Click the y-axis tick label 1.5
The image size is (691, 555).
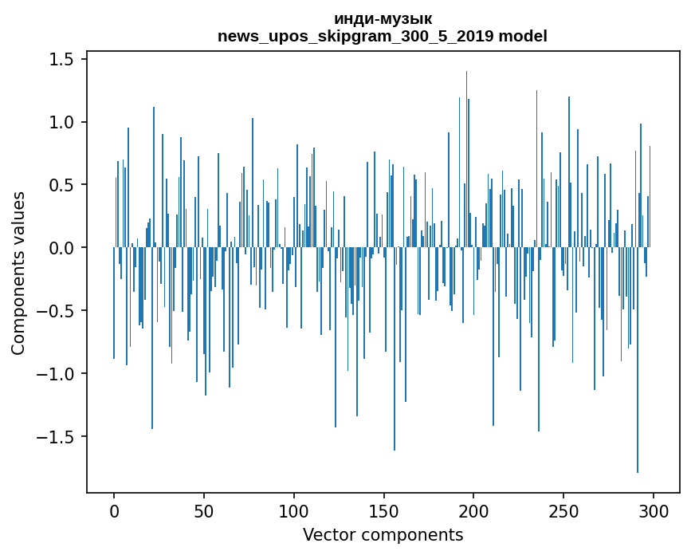click(64, 60)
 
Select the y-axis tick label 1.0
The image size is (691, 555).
click(64, 123)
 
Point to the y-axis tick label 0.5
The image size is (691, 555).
click(64, 185)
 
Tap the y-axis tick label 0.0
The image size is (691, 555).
click(64, 248)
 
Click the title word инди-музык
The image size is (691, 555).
click(383, 19)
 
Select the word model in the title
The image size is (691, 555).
click(521, 36)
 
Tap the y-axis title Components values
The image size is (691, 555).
click(18, 273)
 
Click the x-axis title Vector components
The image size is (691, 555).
click(383, 534)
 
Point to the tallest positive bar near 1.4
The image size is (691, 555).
click(466, 159)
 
